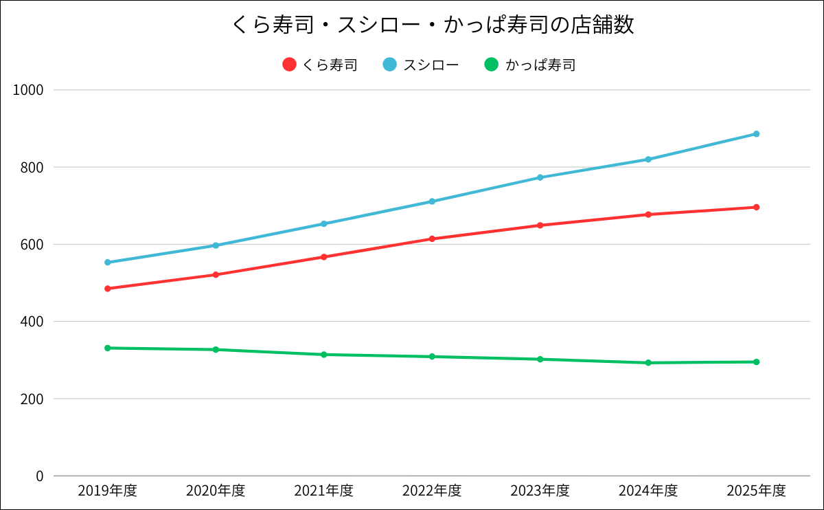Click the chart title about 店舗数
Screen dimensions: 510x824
pos(432,25)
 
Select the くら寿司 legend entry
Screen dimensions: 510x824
pos(320,65)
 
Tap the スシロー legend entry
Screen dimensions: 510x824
pos(421,65)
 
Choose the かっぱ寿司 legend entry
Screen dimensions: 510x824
pos(529,65)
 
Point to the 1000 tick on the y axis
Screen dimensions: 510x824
pos(30,90)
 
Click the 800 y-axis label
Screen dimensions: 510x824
pos(32,167)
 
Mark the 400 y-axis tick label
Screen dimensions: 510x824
pos(32,322)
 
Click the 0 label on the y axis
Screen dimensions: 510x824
pos(39,476)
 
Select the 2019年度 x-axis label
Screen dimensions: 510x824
pos(107,491)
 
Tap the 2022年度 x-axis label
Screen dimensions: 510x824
pos(432,491)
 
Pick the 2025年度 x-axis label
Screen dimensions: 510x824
pos(756,491)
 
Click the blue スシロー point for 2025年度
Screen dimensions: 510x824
pos(756,134)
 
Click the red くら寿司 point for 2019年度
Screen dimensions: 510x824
pos(108,289)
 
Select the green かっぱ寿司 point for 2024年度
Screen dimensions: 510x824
pos(648,363)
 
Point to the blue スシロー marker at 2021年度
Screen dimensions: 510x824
pos(324,224)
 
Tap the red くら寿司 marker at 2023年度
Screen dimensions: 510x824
pos(540,225)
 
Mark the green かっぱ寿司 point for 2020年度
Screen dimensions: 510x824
pos(216,350)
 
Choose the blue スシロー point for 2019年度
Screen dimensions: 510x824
pos(108,263)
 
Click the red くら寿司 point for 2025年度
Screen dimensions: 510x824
pos(756,208)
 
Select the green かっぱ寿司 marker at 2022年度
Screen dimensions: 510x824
pos(432,357)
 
